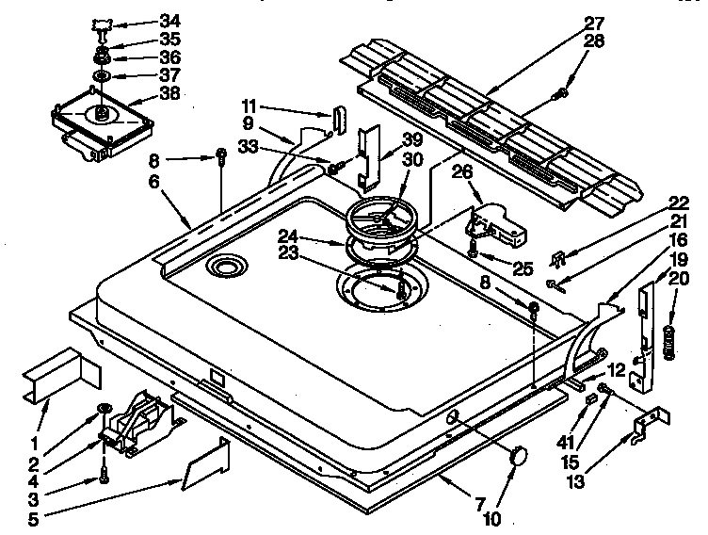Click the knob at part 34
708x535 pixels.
tap(102, 23)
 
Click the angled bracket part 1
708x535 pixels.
tap(63, 369)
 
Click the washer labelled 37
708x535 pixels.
tap(100, 75)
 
